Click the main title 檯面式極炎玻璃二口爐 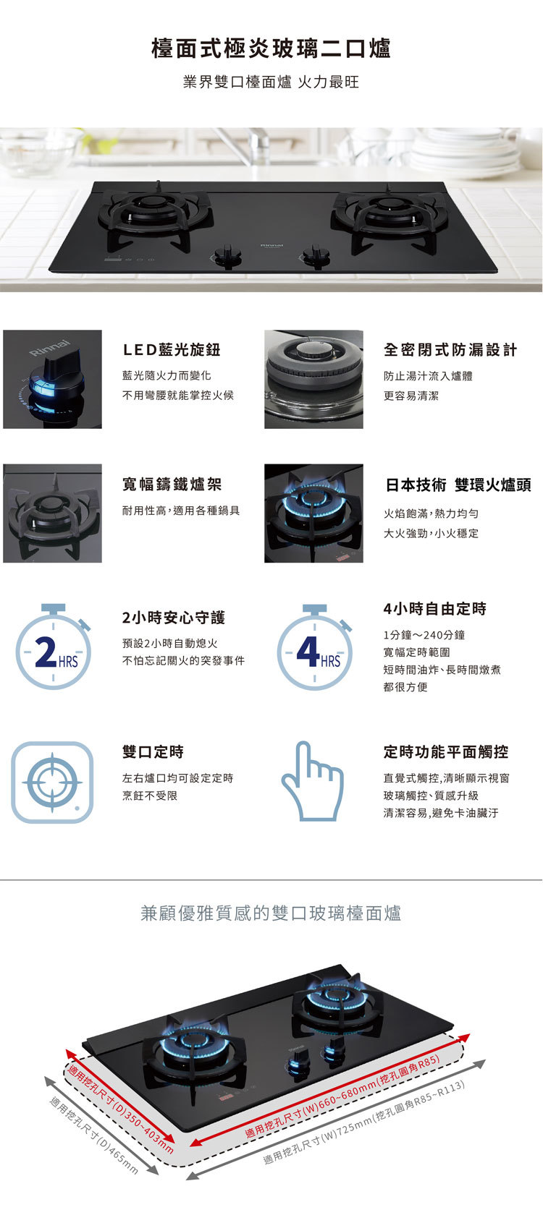[x=271, y=49]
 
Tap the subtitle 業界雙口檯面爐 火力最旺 [x=271, y=82]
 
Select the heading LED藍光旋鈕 [x=171, y=350]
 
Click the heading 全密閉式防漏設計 [x=450, y=350]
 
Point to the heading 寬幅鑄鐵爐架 [x=172, y=485]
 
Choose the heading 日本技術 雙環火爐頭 [x=458, y=485]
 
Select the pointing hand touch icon [x=312, y=781]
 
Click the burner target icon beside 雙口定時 [x=52, y=782]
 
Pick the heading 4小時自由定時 [x=434, y=609]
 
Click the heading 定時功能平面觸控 [x=445, y=752]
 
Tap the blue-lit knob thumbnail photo [x=52, y=379]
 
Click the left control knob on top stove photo [x=227, y=255]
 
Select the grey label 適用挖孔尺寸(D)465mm [x=94, y=1135]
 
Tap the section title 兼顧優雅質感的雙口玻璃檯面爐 [x=271, y=913]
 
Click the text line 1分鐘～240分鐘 [x=424, y=635]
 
